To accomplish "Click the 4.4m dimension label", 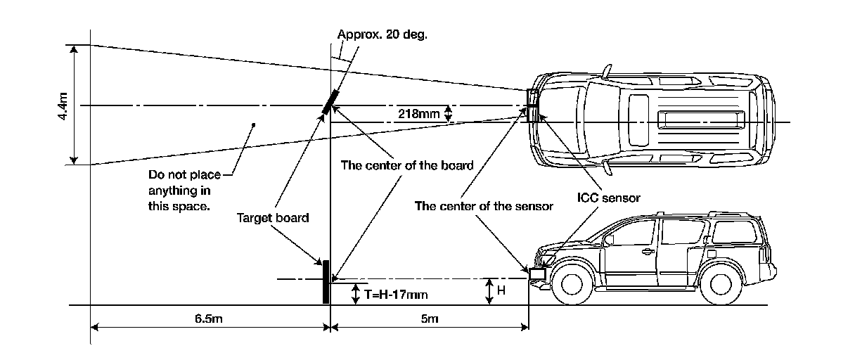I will [x=63, y=105].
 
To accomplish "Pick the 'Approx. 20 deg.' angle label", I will [x=382, y=34].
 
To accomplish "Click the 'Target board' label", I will [x=273, y=217].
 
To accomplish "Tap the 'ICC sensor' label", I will [x=609, y=198].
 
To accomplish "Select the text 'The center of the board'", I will [x=407, y=166].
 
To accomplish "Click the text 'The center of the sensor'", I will [x=484, y=207].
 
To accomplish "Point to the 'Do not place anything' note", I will [x=180, y=191].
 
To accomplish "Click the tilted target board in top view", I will [x=330, y=102].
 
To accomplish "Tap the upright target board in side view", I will [x=326, y=281].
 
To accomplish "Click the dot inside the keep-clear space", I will [x=253, y=125].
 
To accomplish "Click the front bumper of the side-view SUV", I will [x=539, y=276].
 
